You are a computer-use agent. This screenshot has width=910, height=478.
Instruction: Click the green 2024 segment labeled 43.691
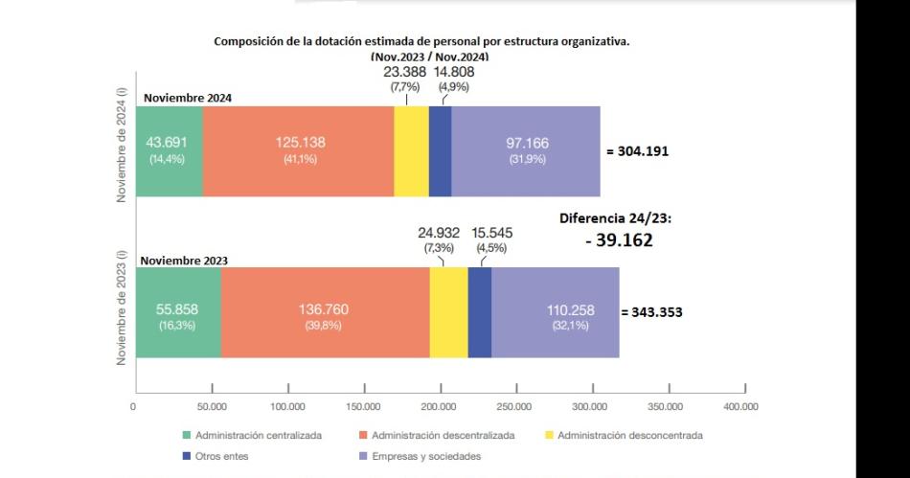point(169,150)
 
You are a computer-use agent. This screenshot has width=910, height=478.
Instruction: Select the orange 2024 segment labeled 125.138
point(299,150)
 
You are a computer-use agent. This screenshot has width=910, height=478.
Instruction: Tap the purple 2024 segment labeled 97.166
point(526,150)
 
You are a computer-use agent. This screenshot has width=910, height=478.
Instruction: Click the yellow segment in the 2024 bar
point(411,150)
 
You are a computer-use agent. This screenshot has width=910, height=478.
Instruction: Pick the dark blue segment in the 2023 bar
point(479,312)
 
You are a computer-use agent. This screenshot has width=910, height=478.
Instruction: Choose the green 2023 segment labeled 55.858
point(178,312)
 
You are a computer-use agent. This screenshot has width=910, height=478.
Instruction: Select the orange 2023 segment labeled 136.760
point(325,312)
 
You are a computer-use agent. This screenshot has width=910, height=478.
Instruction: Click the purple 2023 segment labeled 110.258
point(555,312)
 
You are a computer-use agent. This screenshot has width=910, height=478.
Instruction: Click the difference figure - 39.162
point(619,240)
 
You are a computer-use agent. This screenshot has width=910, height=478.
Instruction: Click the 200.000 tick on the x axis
point(439,407)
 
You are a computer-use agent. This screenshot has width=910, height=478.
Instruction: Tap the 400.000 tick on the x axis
point(741,407)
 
